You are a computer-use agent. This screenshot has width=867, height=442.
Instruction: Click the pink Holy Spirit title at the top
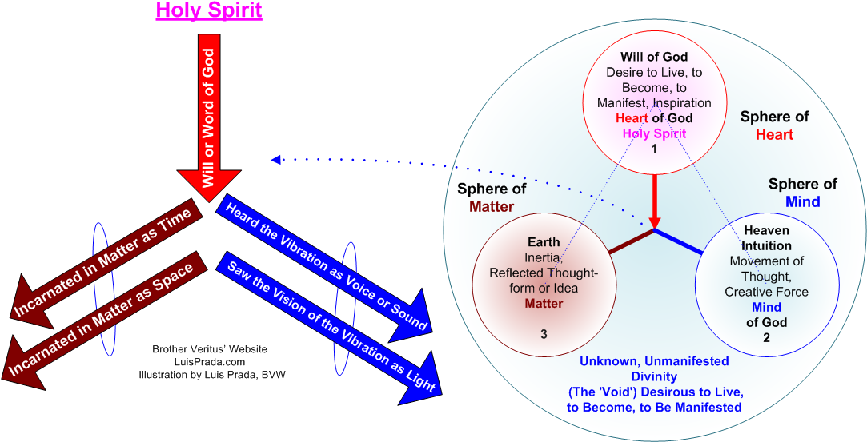(x=209, y=11)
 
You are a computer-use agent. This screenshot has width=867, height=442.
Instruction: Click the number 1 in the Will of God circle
(x=654, y=149)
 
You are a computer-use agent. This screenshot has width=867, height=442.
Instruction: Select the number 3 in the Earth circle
(x=544, y=332)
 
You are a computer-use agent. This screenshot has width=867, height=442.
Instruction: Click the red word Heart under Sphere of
(x=774, y=134)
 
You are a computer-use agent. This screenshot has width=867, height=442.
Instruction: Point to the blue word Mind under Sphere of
(x=802, y=202)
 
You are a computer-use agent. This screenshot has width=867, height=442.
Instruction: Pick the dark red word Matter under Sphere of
(x=491, y=207)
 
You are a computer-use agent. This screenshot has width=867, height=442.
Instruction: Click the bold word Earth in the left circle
(x=544, y=242)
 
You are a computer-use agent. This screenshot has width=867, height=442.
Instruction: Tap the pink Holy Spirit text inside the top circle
(x=654, y=133)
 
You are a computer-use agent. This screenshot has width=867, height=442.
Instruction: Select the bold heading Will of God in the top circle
(x=654, y=57)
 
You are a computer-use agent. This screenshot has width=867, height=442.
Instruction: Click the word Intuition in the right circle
(x=766, y=245)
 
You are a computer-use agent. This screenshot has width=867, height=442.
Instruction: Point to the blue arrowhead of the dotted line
(x=276, y=159)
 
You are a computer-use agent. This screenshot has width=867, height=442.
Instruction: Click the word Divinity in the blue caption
(x=654, y=376)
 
